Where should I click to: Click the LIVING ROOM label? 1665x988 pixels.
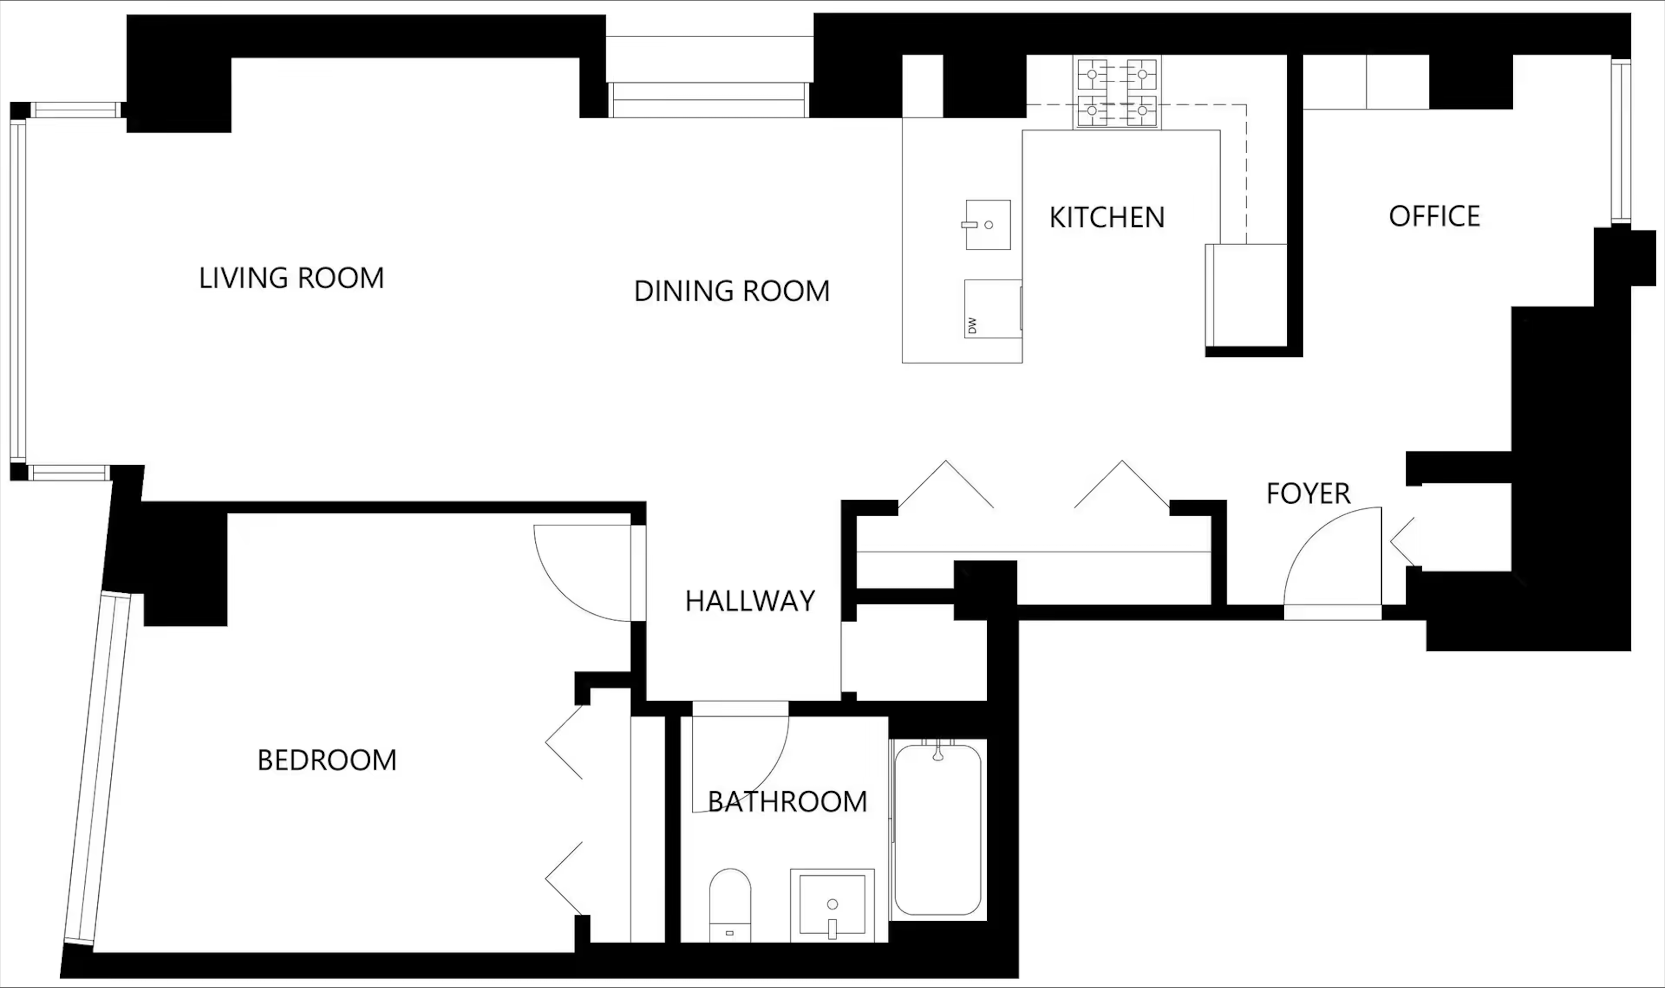(291, 278)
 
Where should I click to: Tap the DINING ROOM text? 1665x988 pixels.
(732, 291)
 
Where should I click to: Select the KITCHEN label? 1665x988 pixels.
(1107, 218)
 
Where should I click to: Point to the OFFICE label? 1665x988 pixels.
(1435, 216)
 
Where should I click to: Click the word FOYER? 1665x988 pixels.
(1308, 494)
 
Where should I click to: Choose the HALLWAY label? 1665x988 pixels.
(750, 601)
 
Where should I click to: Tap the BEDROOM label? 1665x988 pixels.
(327, 760)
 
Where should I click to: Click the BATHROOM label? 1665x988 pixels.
(787, 802)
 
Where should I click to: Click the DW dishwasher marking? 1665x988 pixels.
(972, 325)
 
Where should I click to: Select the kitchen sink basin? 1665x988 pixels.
(988, 225)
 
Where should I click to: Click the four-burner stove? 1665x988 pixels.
(1117, 92)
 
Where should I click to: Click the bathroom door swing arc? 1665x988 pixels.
(766, 786)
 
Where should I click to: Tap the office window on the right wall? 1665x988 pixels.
(1620, 142)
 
